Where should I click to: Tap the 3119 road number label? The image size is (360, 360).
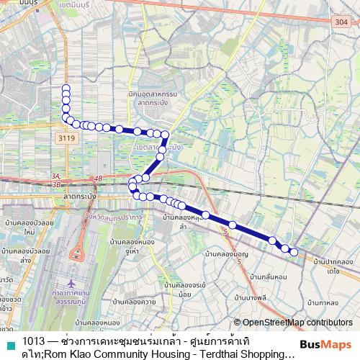[67, 138]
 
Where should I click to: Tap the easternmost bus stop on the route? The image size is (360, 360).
[294, 251]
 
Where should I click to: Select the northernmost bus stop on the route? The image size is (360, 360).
[66, 89]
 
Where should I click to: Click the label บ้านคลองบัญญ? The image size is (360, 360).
[226, 254]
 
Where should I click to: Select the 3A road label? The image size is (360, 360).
[56, 176]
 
